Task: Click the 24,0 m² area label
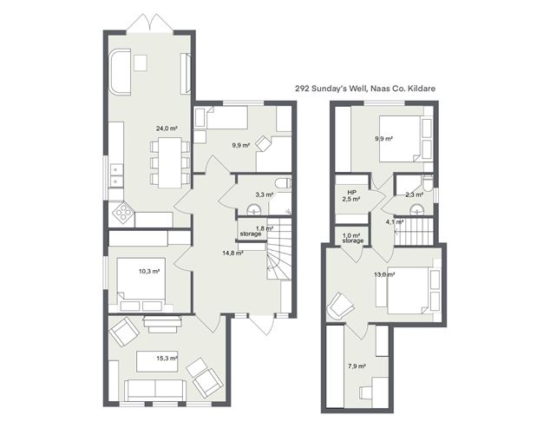[x=167, y=129]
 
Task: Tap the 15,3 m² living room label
[x=167, y=359]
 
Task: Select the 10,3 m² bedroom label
[x=149, y=271]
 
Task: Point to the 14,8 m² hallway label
[x=233, y=253]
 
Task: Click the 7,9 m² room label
[x=357, y=366]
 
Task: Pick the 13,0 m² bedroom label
[x=385, y=274]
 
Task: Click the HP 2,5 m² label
[x=351, y=195]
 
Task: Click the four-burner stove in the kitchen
[x=123, y=212]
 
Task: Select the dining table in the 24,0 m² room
[x=170, y=162]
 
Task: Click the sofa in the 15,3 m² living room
[x=155, y=391]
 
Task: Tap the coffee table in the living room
[x=157, y=361]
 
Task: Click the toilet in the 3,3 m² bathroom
[x=283, y=183]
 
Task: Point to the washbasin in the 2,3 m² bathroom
[x=417, y=209]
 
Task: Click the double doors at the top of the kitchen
[x=150, y=23]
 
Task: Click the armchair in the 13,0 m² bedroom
[x=340, y=306]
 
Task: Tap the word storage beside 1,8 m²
[x=251, y=234]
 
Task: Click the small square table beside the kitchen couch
[x=141, y=63]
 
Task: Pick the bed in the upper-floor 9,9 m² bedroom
[x=401, y=139]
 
